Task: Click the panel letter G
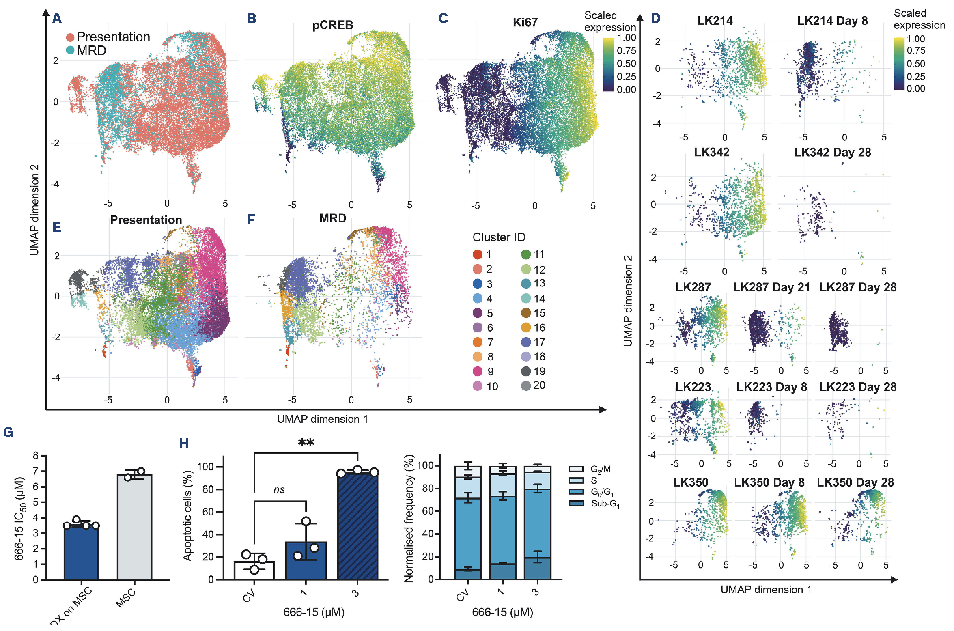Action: click(x=8, y=432)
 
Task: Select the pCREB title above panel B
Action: click(x=332, y=25)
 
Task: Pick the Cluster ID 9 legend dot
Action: click(x=478, y=371)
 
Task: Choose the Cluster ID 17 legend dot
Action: click(x=526, y=342)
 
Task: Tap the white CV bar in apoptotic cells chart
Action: click(x=254, y=570)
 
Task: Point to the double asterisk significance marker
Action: click(x=306, y=442)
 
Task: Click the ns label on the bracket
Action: click(x=279, y=490)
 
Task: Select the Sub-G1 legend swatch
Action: click(x=576, y=503)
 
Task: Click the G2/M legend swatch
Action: click(x=576, y=469)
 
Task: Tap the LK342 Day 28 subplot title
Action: click(x=832, y=153)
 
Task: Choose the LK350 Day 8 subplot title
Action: click(x=769, y=482)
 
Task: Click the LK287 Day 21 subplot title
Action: click(x=771, y=287)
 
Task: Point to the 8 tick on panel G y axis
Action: click(x=36, y=456)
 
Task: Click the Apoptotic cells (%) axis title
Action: click(x=187, y=515)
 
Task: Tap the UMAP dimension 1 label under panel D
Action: click(x=766, y=590)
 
